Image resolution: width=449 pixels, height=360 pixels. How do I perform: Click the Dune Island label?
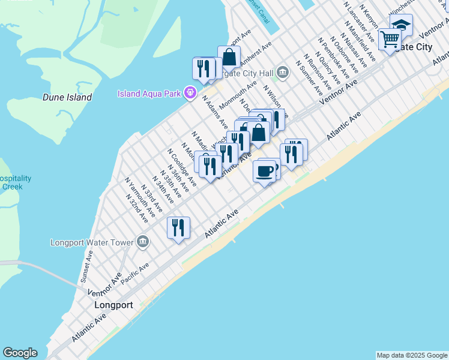[67, 97]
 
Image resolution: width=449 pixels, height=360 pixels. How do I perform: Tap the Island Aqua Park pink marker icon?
[191, 93]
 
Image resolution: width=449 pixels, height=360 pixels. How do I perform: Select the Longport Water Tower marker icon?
[142, 242]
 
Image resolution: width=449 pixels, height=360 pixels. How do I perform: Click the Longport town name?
[113, 305]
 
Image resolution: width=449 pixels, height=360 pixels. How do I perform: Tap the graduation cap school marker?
[402, 26]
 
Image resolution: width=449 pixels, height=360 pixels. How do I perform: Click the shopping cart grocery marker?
[390, 40]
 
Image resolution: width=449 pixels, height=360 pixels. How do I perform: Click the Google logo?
[20, 353]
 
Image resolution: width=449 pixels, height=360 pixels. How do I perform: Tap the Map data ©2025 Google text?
[411, 355]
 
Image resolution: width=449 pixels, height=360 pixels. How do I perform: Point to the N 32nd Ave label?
[138, 208]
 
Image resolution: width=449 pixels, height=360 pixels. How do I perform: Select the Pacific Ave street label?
[134, 274]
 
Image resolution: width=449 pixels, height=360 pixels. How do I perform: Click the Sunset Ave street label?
[87, 267]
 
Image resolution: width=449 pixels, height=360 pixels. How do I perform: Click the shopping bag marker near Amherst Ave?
[229, 58]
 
